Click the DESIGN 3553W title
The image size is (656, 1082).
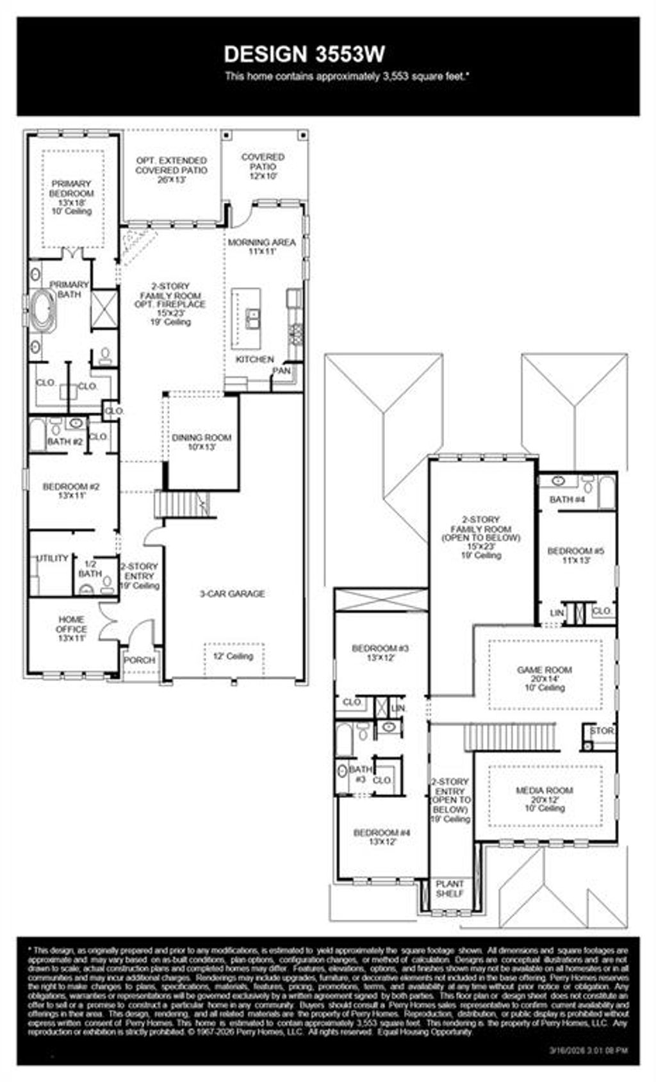pyautogui.click(x=304, y=54)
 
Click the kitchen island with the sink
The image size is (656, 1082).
pyautogui.click(x=247, y=318)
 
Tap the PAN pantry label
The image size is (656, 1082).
pyautogui.click(x=281, y=371)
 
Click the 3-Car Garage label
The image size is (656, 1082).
pyautogui.click(x=232, y=594)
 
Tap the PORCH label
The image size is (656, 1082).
pyautogui.click(x=139, y=660)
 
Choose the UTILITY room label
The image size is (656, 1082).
pyautogui.click(x=51, y=558)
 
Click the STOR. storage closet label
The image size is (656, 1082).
pyautogui.click(x=602, y=731)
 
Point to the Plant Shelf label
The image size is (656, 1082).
pyautogui.click(x=450, y=888)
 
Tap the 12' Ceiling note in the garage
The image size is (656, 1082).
pyautogui.click(x=233, y=656)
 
